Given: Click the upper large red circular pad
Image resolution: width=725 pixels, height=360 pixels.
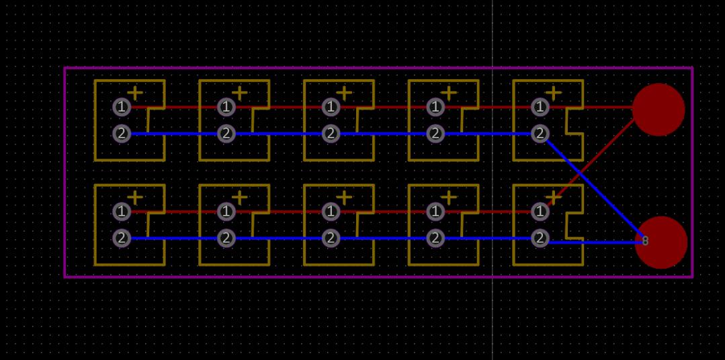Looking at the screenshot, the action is (658, 109).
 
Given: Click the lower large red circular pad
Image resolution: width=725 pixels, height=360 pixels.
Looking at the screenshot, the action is (660, 242).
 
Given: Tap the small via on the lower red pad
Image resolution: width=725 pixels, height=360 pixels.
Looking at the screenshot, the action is (646, 240).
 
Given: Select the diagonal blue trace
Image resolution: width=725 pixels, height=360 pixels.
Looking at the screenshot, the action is (595, 187).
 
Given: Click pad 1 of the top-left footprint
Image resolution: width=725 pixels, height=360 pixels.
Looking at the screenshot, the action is (122, 107).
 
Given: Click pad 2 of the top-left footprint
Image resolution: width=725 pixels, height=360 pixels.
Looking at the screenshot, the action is (122, 134).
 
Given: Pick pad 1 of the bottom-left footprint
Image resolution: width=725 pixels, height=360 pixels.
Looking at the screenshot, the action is (122, 212).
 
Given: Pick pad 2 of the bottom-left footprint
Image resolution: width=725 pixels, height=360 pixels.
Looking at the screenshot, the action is (122, 238).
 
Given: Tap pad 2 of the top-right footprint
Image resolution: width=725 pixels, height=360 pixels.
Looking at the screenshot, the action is (540, 134).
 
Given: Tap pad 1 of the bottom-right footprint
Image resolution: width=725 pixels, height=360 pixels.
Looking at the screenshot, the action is (540, 212).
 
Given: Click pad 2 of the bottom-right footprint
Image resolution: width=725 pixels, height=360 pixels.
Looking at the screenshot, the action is (540, 238).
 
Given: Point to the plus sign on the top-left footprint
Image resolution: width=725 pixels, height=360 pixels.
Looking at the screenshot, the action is (135, 93).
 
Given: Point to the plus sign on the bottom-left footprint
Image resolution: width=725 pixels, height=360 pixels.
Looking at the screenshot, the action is (135, 197).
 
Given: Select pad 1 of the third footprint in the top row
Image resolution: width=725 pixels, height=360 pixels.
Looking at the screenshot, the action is (331, 107).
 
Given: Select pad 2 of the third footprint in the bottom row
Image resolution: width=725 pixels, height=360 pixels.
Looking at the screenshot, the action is (331, 238).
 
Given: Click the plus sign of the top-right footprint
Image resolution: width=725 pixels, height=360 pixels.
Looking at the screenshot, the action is (554, 93).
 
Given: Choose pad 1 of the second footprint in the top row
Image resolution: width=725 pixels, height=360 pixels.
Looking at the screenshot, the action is (226, 107).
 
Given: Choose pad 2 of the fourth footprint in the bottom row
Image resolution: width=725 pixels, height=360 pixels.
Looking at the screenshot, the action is (435, 238).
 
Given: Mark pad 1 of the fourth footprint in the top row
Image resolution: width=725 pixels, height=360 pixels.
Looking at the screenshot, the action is (435, 107).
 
